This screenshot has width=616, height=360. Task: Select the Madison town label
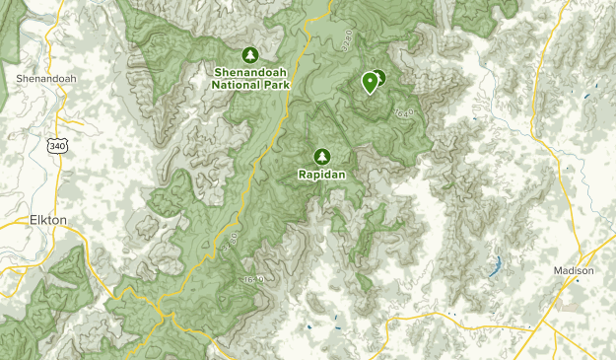(x=574, y=270)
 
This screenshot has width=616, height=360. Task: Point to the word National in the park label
(x=234, y=84)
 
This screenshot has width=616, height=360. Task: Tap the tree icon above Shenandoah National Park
(x=249, y=55)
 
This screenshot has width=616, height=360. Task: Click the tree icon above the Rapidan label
(x=321, y=156)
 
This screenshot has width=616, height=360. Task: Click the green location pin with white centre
(x=371, y=82)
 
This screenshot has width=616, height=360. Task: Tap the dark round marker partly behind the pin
(x=379, y=78)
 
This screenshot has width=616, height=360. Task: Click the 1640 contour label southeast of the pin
(x=402, y=114)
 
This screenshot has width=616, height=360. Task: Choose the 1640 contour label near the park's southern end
(x=253, y=282)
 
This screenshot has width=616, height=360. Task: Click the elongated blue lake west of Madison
(x=496, y=264)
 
